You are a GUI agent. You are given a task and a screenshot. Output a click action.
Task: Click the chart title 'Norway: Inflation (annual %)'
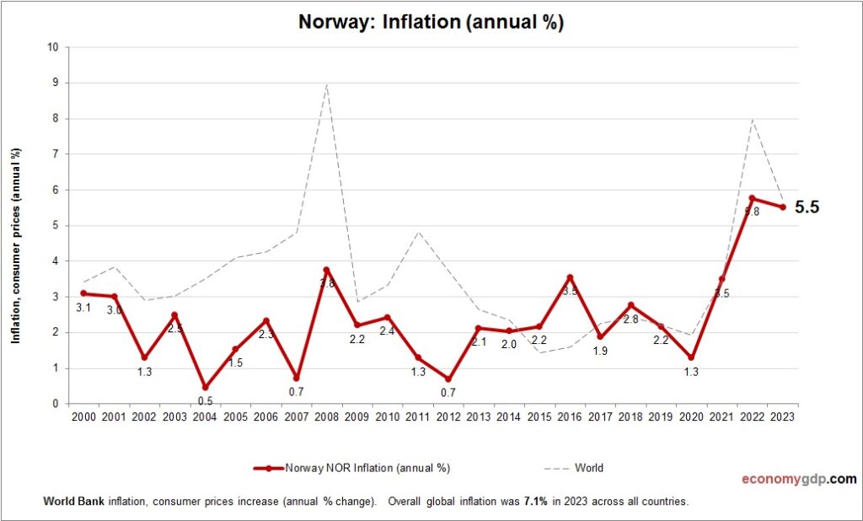(431, 22)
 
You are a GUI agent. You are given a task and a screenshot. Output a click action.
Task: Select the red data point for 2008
(326, 270)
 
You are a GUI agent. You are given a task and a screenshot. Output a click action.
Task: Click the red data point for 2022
(752, 198)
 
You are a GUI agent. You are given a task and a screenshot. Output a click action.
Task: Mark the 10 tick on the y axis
(52, 47)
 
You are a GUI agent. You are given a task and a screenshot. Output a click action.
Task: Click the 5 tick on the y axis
(55, 225)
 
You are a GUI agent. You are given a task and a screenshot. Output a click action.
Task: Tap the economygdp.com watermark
(799, 479)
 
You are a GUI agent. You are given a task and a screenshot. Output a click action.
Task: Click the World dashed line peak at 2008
(326, 84)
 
